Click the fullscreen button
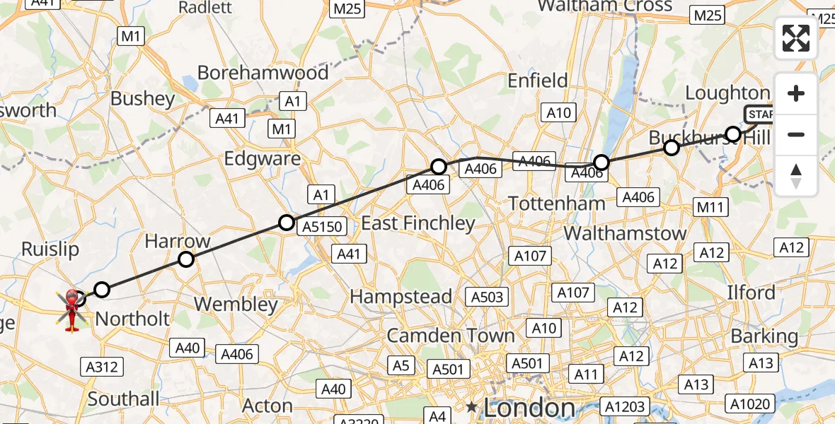pyautogui.click(x=796, y=37)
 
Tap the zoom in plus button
pyautogui.click(x=796, y=93)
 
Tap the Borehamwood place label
pyautogui.click(x=263, y=73)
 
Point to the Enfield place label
pyautogui.click(x=538, y=81)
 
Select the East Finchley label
pyautogui.click(x=417, y=224)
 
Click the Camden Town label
pyautogui.click(x=450, y=336)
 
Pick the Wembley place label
pyautogui.click(x=236, y=305)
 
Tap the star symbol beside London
pyautogui.click(x=471, y=407)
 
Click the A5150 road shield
pyautogui.click(x=322, y=227)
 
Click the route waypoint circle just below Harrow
pyautogui.click(x=185, y=259)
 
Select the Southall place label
pyautogui.click(x=124, y=399)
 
